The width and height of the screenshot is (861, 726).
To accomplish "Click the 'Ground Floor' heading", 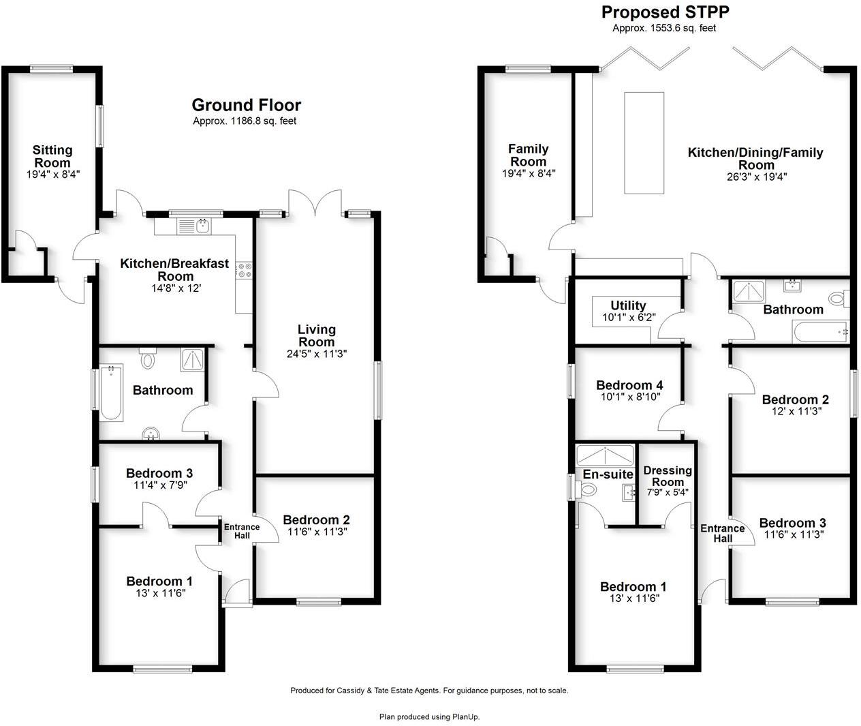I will (246, 105).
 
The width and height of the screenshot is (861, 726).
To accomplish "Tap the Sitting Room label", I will (52, 156).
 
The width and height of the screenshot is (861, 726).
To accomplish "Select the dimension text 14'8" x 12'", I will (174, 288).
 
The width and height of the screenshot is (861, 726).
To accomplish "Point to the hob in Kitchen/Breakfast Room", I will (244, 270).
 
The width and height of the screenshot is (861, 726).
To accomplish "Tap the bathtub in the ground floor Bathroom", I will (111, 393).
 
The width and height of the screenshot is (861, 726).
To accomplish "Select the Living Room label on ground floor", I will (316, 335).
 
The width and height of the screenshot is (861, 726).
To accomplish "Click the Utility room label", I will (628, 305).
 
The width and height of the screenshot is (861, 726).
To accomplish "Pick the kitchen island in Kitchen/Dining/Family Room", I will (644, 143).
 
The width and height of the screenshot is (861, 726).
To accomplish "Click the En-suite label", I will (608, 474).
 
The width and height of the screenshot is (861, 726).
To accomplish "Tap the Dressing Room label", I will (667, 476).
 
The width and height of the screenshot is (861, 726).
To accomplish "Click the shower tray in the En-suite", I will (605, 454).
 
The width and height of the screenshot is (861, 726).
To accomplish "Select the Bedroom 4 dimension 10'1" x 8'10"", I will (629, 397).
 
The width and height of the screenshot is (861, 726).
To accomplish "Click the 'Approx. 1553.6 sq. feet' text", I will (663, 28).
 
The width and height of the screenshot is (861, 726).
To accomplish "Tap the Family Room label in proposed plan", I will (528, 155).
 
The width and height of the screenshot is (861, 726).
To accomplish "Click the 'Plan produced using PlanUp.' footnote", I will (429, 716).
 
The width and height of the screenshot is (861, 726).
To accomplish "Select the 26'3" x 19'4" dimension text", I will (756, 177).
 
